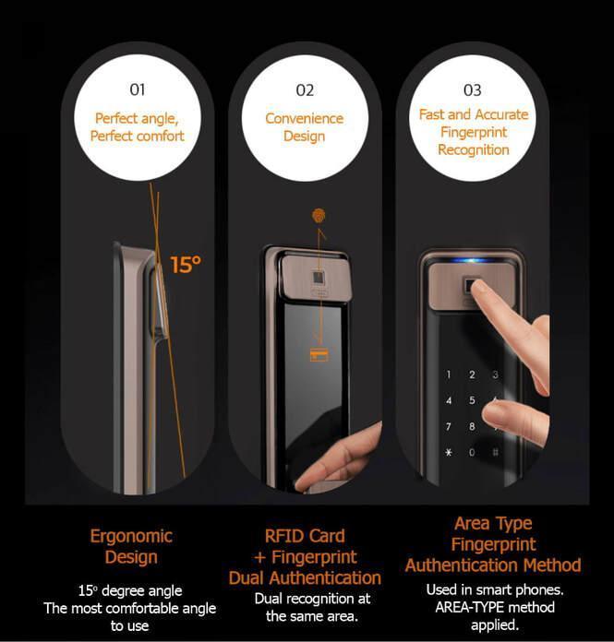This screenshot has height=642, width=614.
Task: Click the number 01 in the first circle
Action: (x=138, y=89)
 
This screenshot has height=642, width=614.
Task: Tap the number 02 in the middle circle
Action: (x=305, y=90)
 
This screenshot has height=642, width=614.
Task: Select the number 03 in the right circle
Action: (x=472, y=90)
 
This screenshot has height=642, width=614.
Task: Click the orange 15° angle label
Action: (x=186, y=264)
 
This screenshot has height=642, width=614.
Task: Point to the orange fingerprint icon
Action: (x=319, y=215)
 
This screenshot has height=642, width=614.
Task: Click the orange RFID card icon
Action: (x=319, y=354)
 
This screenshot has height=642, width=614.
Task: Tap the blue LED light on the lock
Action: (x=473, y=260)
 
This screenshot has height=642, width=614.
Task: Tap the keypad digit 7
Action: (x=449, y=427)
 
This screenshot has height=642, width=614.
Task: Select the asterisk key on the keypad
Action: (x=449, y=452)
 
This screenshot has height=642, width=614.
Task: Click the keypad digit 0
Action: (x=472, y=452)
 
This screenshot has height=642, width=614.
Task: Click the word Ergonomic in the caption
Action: (x=131, y=536)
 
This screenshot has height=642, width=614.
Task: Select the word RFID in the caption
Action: (x=284, y=536)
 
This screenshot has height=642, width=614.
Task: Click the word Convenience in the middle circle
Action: (x=304, y=118)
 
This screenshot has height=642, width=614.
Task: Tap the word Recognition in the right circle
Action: (x=474, y=149)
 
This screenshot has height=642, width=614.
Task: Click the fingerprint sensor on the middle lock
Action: (x=318, y=278)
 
